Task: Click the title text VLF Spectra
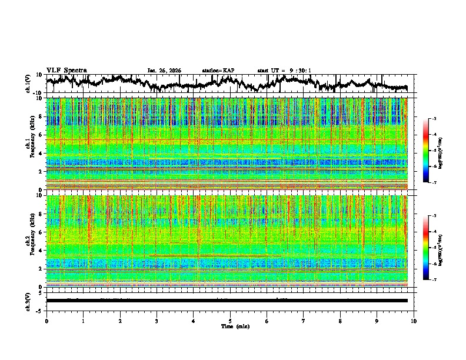pyautogui.click(x=66, y=70)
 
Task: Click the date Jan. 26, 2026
pyautogui.click(x=164, y=71)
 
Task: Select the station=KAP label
pyautogui.click(x=218, y=71)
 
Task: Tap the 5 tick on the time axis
pyautogui.click(x=230, y=321)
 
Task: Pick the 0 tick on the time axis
pyautogui.click(x=46, y=321)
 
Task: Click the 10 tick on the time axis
pyautogui.click(x=414, y=321)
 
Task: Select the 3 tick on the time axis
pyautogui.click(x=157, y=321)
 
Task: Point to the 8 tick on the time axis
pyautogui.click(x=340, y=321)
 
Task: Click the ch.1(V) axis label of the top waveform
pyautogui.click(x=28, y=84)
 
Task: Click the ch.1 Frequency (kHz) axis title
pyautogui.click(x=30, y=144)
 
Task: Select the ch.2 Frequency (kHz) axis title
pyautogui.click(x=30, y=241)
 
